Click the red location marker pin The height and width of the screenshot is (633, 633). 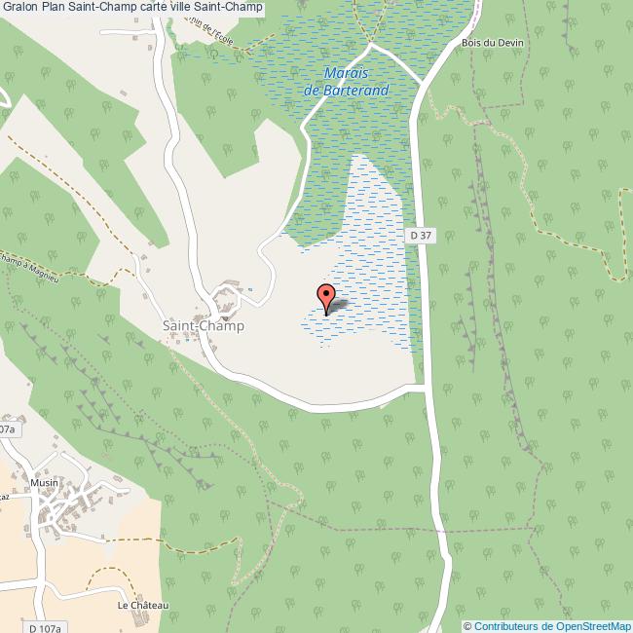[326, 297]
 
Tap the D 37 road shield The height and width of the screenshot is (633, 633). [420, 235]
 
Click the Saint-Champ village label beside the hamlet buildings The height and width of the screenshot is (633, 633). [203, 326]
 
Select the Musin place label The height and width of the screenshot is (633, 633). [44, 482]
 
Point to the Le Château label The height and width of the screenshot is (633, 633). [143, 606]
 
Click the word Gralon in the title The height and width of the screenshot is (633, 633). [20, 8]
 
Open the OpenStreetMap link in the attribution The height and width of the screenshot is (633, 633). [591, 626]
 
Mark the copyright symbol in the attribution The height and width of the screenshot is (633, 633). [468, 626]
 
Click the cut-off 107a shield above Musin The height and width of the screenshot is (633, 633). [7, 429]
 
